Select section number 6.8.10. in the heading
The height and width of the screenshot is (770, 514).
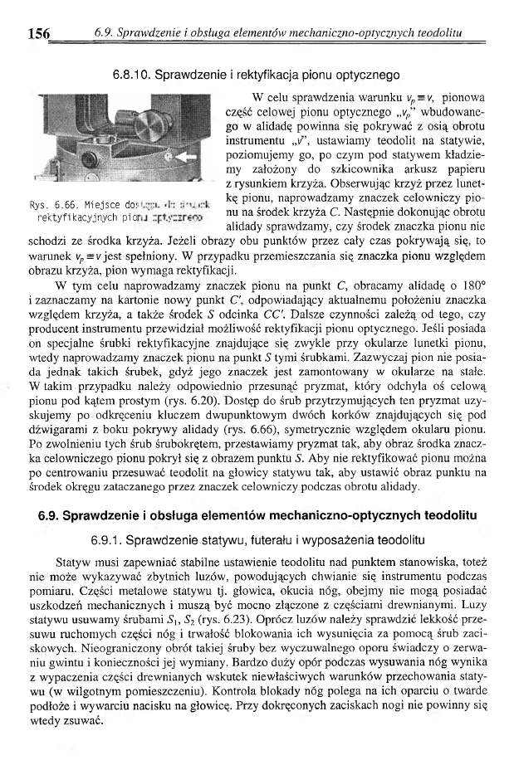click(139, 61)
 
